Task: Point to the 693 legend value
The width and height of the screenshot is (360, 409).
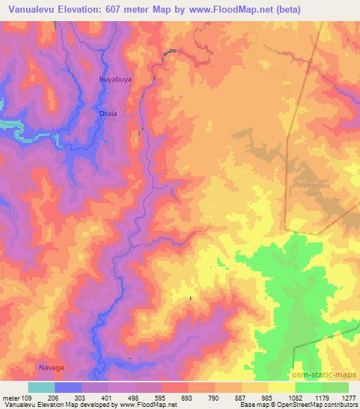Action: (x=187, y=397)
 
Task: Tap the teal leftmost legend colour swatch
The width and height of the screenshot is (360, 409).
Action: (x=41, y=387)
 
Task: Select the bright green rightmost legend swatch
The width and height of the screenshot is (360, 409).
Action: (x=335, y=387)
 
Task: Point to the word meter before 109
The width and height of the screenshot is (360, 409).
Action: (x=10, y=397)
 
